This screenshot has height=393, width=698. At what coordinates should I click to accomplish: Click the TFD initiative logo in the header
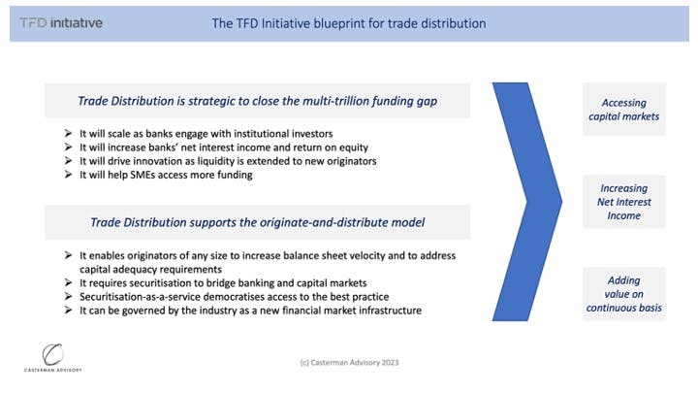(x=61, y=22)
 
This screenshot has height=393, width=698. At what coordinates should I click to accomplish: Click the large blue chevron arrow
(x=527, y=202)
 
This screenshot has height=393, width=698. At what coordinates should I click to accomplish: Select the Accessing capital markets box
(x=624, y=109)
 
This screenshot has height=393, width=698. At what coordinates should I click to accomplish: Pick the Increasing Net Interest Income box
(x=624, y=202)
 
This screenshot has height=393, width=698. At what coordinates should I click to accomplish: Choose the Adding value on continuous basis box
(x=624, y=294)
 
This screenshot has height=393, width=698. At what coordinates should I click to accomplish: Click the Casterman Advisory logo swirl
(x=52, y=354)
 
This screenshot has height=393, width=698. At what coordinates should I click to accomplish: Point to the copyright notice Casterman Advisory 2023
(x=349, y=362)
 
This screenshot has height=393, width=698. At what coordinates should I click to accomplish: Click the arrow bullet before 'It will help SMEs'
(x=68, y=175)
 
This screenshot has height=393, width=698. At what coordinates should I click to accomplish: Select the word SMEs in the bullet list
(x=143, y=175)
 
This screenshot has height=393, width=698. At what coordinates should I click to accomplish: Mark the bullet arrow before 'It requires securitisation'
(x=68, y=282)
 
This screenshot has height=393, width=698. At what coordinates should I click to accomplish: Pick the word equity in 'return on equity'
(x=354, y=147)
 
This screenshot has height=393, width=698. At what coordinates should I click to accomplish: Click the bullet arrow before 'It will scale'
(x=68, y=133)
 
